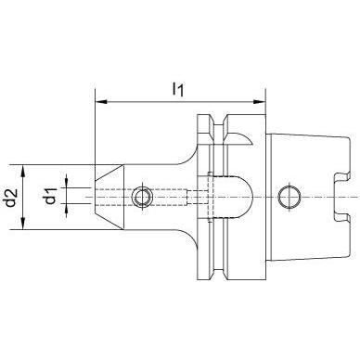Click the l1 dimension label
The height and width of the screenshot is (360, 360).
pyautogui.click(x=178, y=90)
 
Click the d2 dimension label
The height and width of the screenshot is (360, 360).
pyautogui.click(x=11, y=198)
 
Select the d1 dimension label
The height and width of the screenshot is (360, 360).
pyautogui.click(x=51, y=197)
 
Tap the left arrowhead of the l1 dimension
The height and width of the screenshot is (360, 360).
pyautogui.click(x=100, y=101)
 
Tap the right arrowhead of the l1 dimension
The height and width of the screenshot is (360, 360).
pyautogui.click(x=260, y=101)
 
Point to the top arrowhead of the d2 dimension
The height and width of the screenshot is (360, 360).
pyautogui.click(x=23, y=171)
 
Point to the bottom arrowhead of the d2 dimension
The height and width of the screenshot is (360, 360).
pyautogui.click(x=23, y=224)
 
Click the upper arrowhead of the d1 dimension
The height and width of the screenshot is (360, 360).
pyautogui.click(x=66, y=181)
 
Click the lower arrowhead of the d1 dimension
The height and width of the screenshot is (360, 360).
pyautogui.click(x=66, y=211)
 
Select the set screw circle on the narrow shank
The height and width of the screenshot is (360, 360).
pyautogui.click(x=142, y=198)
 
